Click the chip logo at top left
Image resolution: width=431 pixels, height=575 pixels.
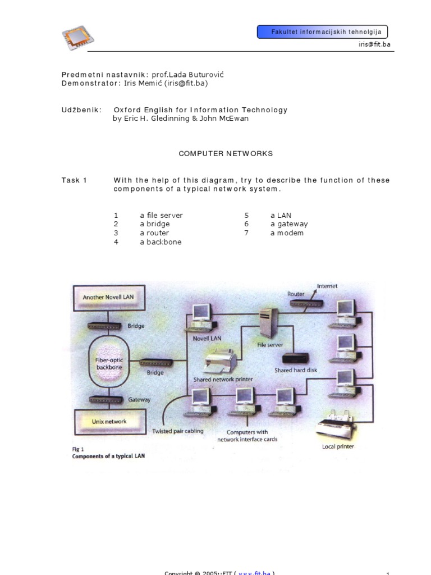pyautogui.click(x=77, y=38)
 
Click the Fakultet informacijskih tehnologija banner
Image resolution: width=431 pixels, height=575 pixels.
pyautogui.click(x=322, y=32)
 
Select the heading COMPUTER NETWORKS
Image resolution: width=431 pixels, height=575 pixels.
pyautogui.click(x=226, y=153)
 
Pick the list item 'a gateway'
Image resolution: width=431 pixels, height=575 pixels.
pyautogui.click(x=289, y=224)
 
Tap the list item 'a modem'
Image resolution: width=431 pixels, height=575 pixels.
pyautogui.click(x=287, y=233)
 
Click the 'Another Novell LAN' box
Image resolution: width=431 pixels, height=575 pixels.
pyautogui.click(x=108, y=296)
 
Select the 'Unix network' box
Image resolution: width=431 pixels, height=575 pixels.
pyautogui.click(x=109, y=421)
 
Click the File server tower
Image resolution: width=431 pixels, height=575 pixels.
pyautogui.click(x=267, y=324)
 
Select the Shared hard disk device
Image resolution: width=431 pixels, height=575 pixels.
pyautogui.click(x=295, y=359)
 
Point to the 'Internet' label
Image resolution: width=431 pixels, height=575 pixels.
pyautogui.click(x=327, y=286)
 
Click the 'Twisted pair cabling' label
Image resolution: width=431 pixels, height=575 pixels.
pyautogui.click(x=178, y=431)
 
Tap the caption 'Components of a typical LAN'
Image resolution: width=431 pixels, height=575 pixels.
pyautogui.click(x=108, y=457)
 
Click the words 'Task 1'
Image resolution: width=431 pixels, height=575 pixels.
pyautogui.click(x=74, y=180)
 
